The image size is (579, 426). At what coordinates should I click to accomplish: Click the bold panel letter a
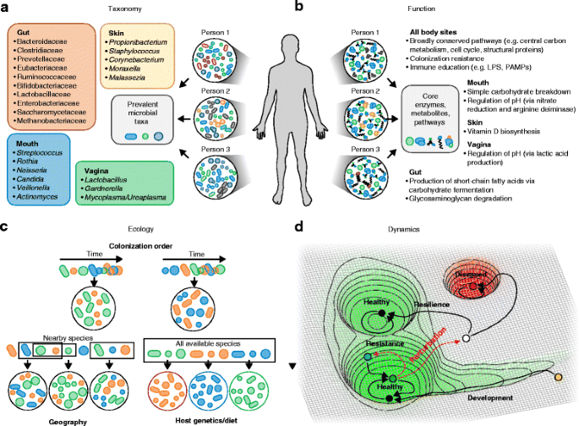pos(6,7)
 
